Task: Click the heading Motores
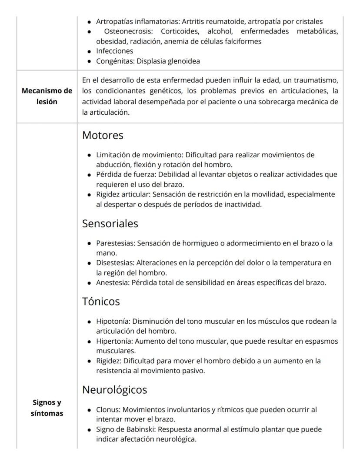click(x=103, y=135)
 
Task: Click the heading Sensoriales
click(x=110, y=223)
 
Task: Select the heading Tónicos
click(x=101, y=301)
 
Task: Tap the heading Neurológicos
click(x=114, y=390)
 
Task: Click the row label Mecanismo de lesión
click(x=47, y=96)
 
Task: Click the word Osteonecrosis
click(x=129, y=31)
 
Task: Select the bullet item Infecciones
click(x=114, y=51)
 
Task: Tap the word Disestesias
click(x=115, y=263)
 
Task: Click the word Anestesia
click(x=112, y=282)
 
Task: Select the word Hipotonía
click(x=113, y=322)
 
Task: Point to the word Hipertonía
click(x=114, y=341)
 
